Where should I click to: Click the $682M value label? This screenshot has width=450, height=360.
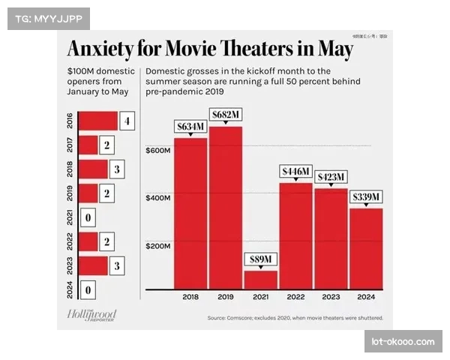coord(226,114)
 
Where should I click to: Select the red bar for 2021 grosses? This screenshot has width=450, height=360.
coord(260,279)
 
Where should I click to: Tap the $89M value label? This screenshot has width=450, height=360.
coord(260,259)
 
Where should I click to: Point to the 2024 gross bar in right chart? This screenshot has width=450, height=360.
coord(366,248)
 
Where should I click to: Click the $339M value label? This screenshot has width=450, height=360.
coord(366,197)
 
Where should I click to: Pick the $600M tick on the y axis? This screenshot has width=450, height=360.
coord(158,151)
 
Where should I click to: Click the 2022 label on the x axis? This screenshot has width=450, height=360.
coord(295,297)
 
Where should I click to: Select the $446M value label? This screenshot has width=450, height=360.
coord(295,171)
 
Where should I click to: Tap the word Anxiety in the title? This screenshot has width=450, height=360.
coord(103,49)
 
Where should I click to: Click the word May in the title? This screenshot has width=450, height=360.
coord(331,49)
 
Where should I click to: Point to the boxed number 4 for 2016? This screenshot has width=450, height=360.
coord(127,121)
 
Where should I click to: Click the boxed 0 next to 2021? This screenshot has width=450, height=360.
coord(88,218)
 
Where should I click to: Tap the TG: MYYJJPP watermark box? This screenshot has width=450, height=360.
coord(48,17)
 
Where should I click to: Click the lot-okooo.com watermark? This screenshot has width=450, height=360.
coord(402,342)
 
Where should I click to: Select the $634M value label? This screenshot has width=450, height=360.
coord(190,126)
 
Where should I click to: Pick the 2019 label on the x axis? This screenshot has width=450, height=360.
coord(226,297)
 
